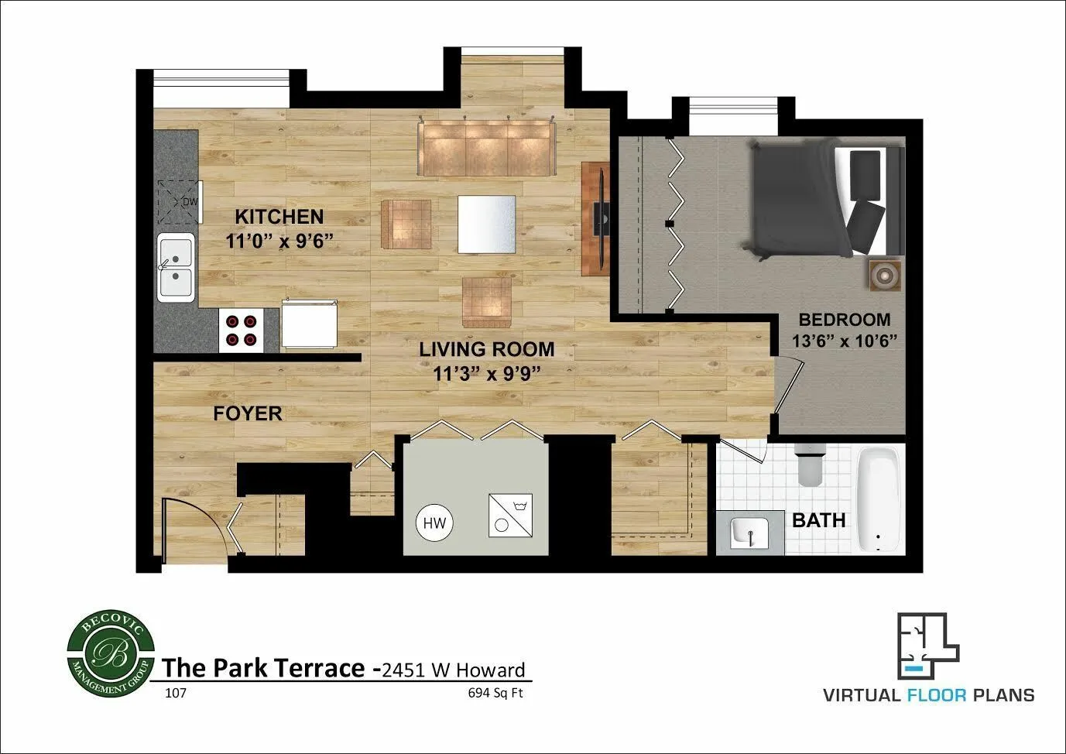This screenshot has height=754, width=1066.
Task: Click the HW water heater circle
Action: point(434,523)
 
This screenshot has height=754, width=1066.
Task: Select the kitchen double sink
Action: point(176,267)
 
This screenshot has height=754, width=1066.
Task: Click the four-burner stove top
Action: point(241,330)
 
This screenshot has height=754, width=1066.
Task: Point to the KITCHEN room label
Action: point(279,217)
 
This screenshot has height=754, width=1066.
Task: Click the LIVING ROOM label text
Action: point(486,349)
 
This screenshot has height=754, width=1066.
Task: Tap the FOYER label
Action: point(248,413)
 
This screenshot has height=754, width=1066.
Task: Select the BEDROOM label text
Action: point(844,319)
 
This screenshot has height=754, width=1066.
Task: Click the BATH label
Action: point(818,520)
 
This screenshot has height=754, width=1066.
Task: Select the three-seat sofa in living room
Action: point(485,148)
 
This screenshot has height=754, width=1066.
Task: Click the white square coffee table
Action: point(486,224)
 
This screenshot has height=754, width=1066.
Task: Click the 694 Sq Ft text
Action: point(495,693)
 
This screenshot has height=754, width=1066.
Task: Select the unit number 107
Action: point(176,693)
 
